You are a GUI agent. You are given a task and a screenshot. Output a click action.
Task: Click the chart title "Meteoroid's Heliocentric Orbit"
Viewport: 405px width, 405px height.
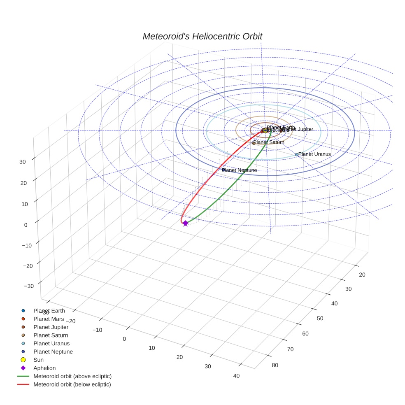click(x=202, y=37)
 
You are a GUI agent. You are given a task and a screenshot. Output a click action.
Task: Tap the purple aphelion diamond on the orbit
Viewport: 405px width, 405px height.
click(x=185, y=223)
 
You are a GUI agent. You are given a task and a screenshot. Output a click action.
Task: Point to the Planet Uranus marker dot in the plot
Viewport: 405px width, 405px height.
click(x=296, y=155)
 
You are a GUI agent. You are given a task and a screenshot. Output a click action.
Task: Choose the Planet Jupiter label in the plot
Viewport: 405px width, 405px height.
click(x=298, y=129)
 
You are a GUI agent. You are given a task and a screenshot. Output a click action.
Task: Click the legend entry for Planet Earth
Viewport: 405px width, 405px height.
click(x=49, y=310)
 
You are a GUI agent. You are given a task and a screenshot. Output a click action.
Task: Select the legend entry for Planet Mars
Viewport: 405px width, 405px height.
click(x=49, y=319)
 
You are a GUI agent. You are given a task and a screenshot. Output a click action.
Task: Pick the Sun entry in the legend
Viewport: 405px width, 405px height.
click(x=38, y=360)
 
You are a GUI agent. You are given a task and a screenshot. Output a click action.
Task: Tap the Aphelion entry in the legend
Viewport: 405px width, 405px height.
click(x=44, y=368)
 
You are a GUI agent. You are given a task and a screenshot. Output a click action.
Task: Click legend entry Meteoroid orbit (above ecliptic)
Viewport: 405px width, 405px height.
click(x=72, y=376)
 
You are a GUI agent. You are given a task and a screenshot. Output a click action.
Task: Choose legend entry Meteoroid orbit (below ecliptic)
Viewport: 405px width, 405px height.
click(x=72, y=384)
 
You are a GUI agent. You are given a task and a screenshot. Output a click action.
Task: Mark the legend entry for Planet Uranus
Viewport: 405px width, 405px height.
click(x=51, y=343)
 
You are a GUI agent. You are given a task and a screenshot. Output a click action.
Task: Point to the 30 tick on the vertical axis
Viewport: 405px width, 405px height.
click(x=22, y=162)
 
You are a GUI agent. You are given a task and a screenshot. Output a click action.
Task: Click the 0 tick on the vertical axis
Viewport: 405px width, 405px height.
click(x=25, y=225)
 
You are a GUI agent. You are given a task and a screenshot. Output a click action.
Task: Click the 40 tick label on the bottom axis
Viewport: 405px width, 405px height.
click(x=236, y=375)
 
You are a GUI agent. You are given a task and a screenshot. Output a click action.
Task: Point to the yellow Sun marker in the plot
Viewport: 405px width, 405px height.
click(x=265, y=130)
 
